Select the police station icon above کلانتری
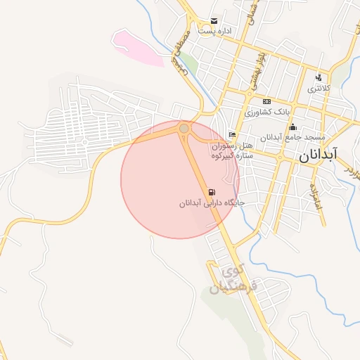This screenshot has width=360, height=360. [x=319, y=77]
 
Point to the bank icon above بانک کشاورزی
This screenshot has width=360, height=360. [x=266, y=102]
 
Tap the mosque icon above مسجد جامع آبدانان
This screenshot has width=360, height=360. [x=293, y=127]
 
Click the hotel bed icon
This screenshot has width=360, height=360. [x=233, y=135]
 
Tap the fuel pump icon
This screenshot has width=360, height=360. [x=212, y=192]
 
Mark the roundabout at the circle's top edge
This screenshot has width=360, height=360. [x=184, y=129]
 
